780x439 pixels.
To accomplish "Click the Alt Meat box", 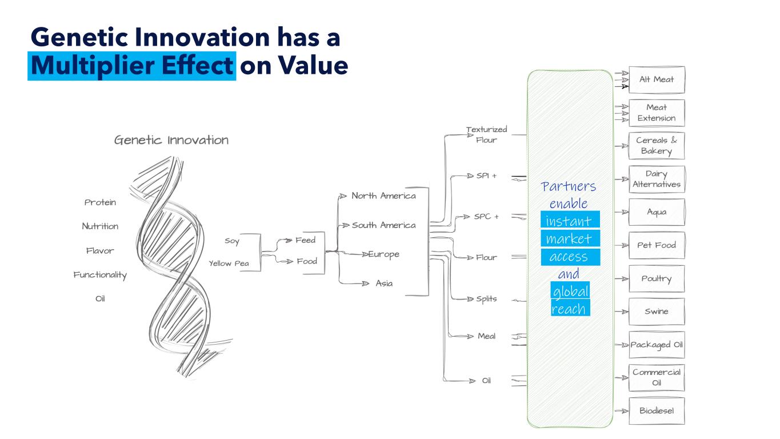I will (656, 79).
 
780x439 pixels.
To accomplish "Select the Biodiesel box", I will (656, 410).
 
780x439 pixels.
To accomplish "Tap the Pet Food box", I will (656, 245).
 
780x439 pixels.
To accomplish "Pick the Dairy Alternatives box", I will (656, 179).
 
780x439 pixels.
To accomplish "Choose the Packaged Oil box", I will (656, 345).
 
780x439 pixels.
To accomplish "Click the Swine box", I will (656, 312).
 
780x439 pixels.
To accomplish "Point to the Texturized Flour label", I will (486, 134).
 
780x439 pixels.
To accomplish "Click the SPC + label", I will (486, 217).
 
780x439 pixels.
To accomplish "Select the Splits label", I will (486, 299).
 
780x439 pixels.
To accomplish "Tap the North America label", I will (383, 195).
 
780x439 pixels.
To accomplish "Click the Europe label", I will (383, 254).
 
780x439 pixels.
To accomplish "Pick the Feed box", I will (306, 240).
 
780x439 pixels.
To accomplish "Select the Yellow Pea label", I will (229, 264).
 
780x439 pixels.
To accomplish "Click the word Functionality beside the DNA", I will (100, 275).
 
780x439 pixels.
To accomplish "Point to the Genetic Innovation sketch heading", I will (171, 140).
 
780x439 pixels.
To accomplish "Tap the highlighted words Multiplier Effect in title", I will (132, 66).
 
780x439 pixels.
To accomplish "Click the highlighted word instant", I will (569, 221).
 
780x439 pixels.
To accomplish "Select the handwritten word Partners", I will (569, 186).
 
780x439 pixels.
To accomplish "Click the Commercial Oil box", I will (656, 377).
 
